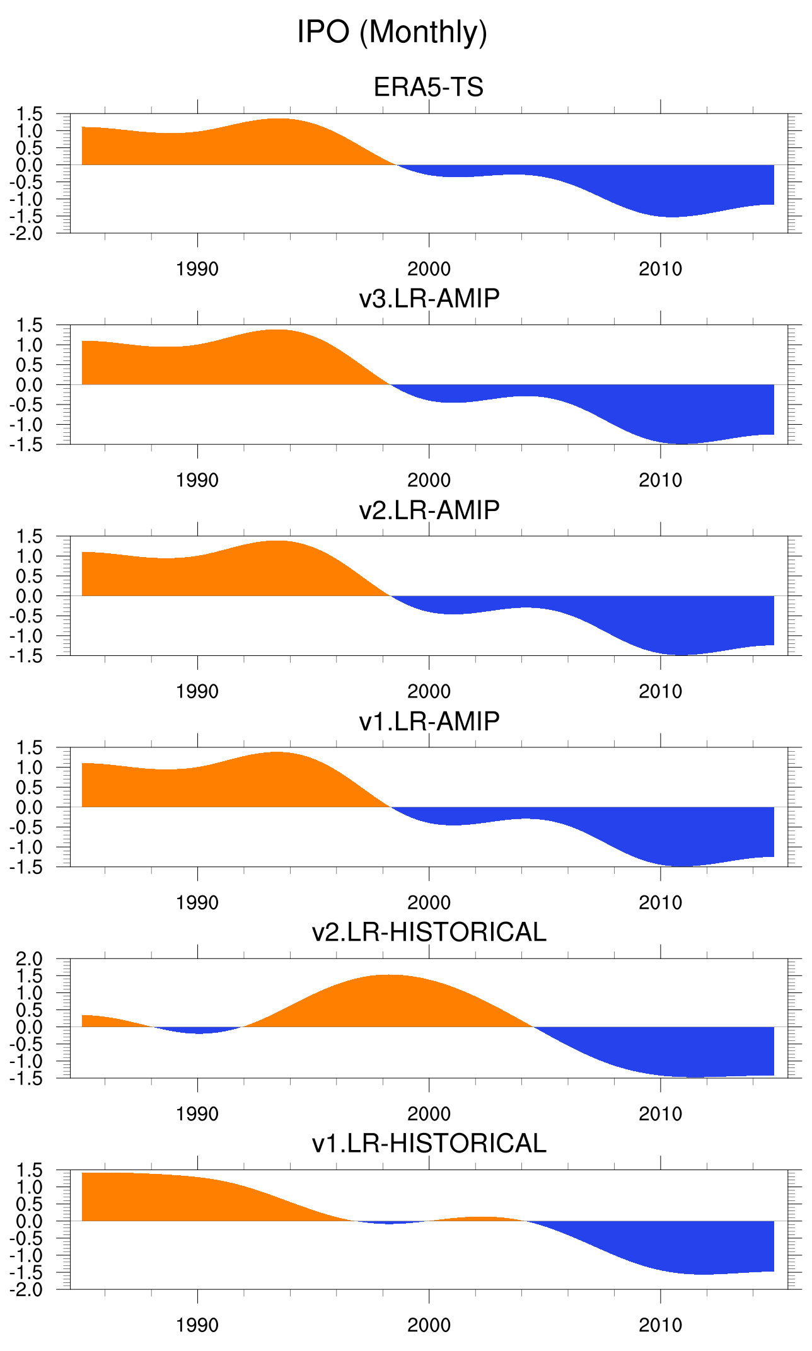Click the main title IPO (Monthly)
tap(392, 32)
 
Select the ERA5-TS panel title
tap(429, 87)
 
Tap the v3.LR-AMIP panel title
tap(429, 298)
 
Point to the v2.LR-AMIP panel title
tap(429, 510)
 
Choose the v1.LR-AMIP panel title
tap(429, 721)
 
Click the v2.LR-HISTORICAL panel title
tap(429, 932)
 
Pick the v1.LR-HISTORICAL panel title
tap(429, 1144)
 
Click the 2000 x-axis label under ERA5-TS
tap(429, 269)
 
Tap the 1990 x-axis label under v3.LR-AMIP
tap(197, 480)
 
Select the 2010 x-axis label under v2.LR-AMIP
tap(660, 691)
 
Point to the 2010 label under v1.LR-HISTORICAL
tap(660, 1325)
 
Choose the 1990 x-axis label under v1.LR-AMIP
tap(197, 902)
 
